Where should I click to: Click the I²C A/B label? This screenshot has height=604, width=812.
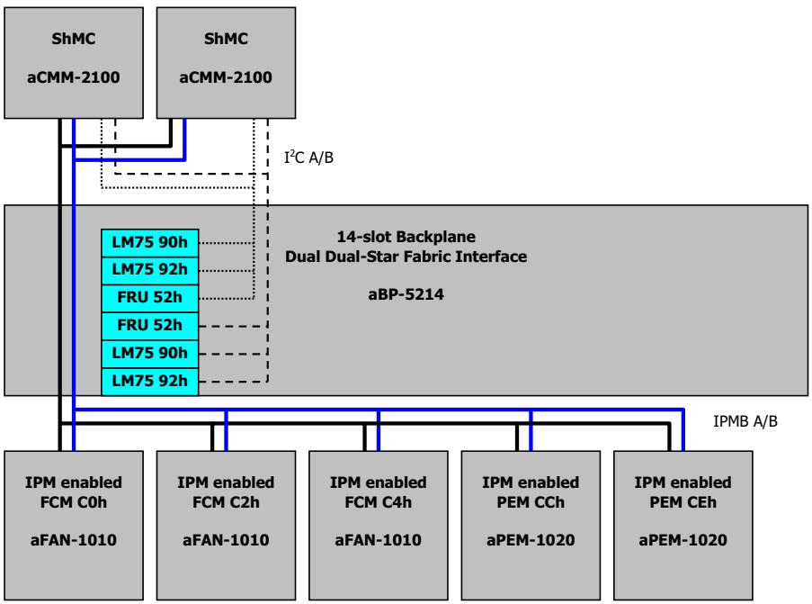[x=308, y=157]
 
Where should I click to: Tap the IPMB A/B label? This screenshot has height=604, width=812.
[x=745, y=421]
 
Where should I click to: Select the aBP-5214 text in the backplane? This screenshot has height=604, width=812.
[x=406, y=294]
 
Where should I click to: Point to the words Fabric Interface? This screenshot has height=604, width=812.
[x=465, y=257]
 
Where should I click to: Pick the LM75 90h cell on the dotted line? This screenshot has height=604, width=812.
[x=149, y=243]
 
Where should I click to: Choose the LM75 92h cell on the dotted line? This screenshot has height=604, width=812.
[x=149, y=270]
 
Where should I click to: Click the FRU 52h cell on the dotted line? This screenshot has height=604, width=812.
[x=149, y=298]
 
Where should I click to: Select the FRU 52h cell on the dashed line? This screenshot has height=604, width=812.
[x=149, y=326]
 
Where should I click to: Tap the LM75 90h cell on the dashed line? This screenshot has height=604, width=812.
[x=149, y=354]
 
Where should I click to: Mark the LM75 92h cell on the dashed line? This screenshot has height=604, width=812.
[x=149, y=382]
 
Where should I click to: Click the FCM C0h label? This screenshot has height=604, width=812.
[x=74, y=502]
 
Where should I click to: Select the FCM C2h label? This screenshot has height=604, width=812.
[x=226, y=502]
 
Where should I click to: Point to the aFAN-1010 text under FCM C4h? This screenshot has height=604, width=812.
[x=378, y=540]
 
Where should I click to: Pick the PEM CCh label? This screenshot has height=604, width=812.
[x=531, y=502]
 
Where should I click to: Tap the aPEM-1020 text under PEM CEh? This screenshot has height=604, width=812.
[x=683, y=540]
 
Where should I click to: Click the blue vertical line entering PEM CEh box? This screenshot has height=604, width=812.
[x=683, y=429]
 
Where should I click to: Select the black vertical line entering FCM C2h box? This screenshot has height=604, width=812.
[x=212, y=437]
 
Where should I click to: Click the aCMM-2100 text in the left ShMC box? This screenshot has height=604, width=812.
[x=74, y=77]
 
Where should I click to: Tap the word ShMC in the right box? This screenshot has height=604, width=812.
[x=226, y=39]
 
